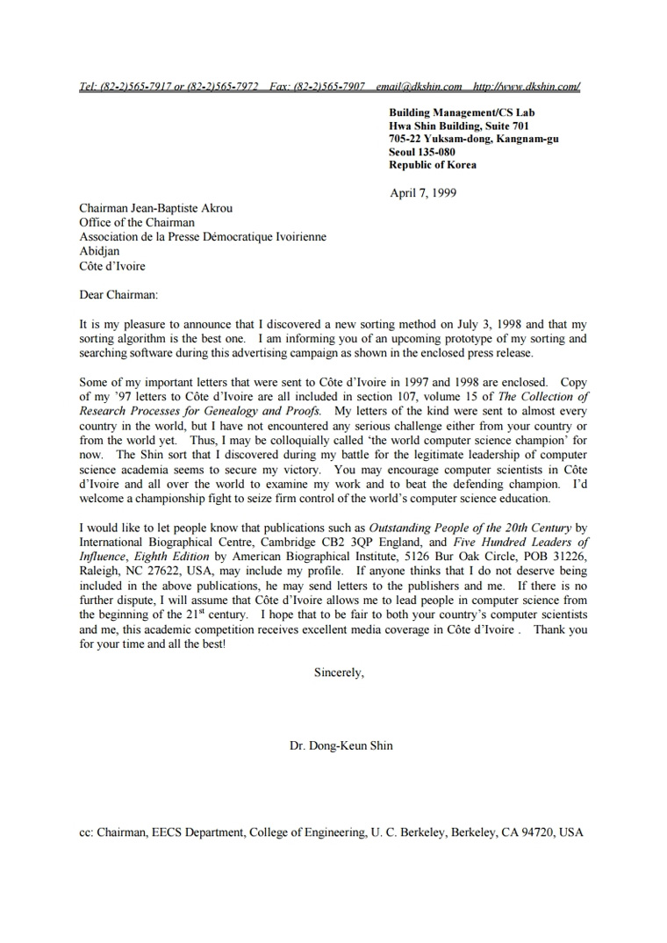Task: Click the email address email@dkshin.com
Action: (419, 86)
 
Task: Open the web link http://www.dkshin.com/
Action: (527, 86)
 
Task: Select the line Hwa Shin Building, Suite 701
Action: (459, 126)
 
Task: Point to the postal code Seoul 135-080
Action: (422, 152)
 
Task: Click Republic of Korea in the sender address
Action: (433, 165)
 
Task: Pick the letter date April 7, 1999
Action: (423, 193)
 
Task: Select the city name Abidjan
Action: (99, 251)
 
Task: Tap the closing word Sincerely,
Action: (339, 673)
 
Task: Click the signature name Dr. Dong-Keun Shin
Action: (341, 746)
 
